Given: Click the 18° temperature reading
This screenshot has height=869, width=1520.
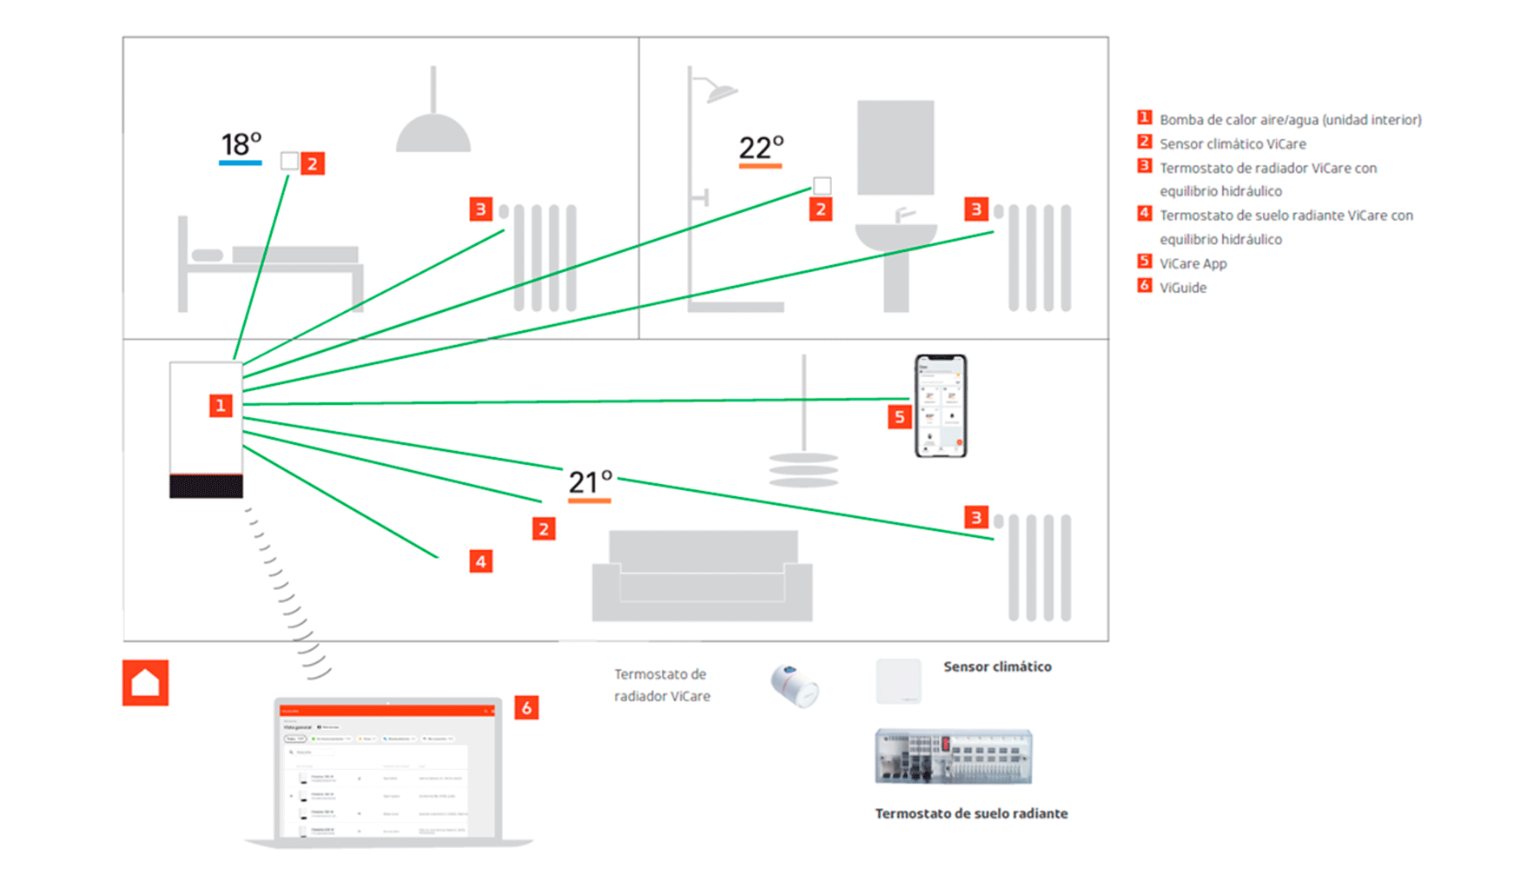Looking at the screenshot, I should point(241,144).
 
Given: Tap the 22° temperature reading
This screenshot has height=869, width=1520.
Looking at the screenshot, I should point(761,148).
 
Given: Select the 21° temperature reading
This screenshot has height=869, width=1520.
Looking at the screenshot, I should point(591,481).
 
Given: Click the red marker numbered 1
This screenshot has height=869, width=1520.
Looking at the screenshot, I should point(221,406).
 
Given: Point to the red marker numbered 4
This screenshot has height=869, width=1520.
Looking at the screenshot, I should point(480,561).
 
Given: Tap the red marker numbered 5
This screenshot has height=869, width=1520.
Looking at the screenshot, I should point(899,417).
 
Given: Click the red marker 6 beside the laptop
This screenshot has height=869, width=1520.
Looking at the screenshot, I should point(526,707).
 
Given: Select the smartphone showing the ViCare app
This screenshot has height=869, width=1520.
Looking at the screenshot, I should point(941,406).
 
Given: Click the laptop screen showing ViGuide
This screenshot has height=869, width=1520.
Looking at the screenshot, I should point(387,772).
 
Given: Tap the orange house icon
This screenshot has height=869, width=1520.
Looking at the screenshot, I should point(145,683).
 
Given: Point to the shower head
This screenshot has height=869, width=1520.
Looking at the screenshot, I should point(722,91).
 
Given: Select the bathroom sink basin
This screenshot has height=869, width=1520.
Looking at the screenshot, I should point(895,236).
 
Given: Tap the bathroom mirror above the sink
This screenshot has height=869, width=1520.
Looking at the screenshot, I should point(895,147).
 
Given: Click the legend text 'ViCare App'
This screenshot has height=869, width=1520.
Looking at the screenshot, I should point(1193,263).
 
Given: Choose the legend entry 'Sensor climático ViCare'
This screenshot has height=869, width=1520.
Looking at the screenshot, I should point(1233,144).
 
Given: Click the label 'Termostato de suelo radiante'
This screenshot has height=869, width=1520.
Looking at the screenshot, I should point(971,813).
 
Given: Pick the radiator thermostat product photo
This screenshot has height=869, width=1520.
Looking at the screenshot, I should point(795,686).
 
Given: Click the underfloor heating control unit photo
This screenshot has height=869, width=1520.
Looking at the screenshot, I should point(953,756).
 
